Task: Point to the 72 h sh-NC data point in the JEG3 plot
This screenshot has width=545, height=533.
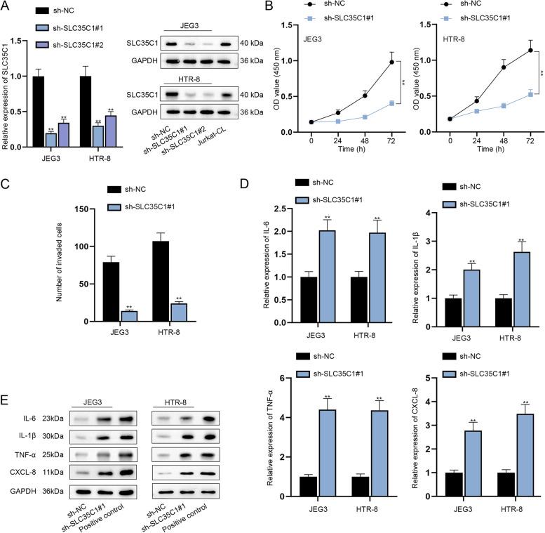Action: click(391, 62)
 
